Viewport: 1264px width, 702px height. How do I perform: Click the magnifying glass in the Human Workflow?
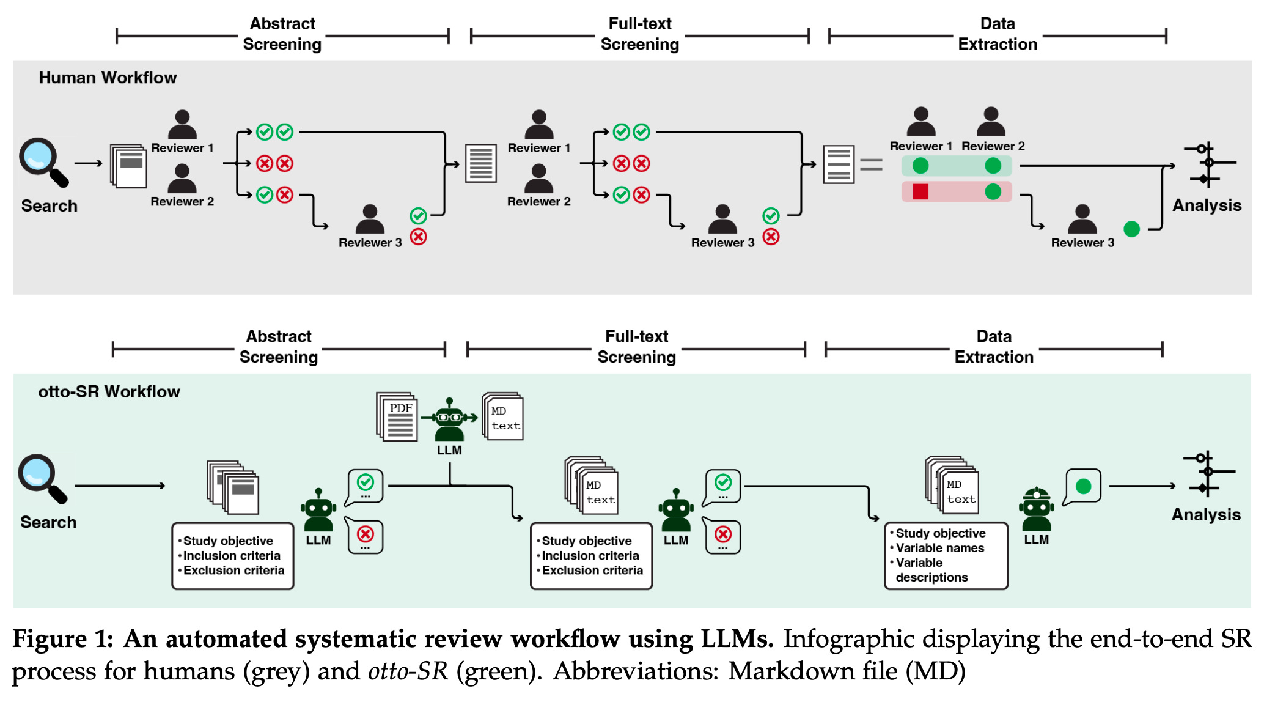click(x=42, y=161)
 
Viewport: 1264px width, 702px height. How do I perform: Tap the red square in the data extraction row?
click(x=920, y=191)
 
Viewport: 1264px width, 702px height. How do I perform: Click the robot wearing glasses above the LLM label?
click(x=450, y=420)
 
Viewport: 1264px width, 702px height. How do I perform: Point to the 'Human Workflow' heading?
click(x=108, y=78)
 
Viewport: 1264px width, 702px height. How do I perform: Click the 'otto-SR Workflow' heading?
click(x=109, y=391)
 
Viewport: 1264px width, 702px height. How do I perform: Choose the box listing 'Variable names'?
click(x=946, y=555)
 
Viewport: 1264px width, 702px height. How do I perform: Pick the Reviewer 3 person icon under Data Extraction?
click(x=1082, y=219)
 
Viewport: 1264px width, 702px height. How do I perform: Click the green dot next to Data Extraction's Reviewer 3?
click(x=1131, y=229)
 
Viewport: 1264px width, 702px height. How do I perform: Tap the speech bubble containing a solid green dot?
click(x=1083, y=486)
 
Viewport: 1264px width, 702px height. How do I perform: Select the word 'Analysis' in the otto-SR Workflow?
click(x=1205, y=515)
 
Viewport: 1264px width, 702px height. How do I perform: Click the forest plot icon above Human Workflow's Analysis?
click(x=1208, y=164)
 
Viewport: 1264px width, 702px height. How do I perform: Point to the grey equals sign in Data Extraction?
click(x=871, y=164)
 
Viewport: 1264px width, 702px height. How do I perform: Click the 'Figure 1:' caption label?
click(x=62, y=639)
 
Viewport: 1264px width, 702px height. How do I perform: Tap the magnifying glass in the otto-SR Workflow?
click(x=40, y=478)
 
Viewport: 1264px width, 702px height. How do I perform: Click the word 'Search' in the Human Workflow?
click(x=49, y=205)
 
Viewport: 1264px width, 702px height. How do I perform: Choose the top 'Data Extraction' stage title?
click(x=998, y=34)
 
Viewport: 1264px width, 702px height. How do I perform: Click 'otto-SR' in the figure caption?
click(x=408, y=671)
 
